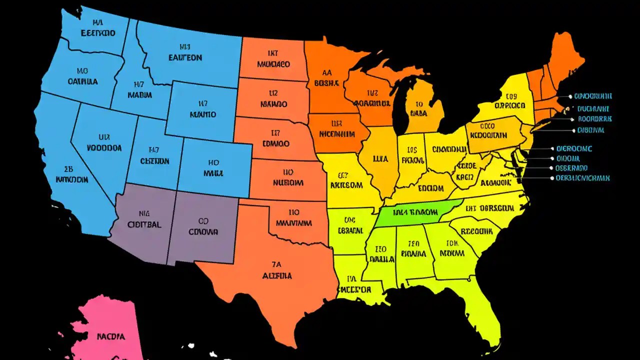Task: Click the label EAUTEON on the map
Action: (x=185, y=57)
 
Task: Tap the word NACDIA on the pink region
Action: (x=110, y=336)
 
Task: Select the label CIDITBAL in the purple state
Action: (x=144, y=224)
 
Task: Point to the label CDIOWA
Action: (x=203, y=232)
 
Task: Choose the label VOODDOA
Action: (x=104, y=148)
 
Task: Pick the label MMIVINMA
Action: (x=294, y=223)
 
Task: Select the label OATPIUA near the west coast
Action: (x=82, y=81)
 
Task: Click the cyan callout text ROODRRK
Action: (x=595, y=119)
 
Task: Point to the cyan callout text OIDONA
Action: (x=568, y=158)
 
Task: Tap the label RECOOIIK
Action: (x=476, y=232)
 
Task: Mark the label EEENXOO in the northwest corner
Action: (x=97, y=33)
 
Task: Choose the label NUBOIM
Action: (x=288, y=183)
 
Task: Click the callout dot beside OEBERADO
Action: (x=551, y=168)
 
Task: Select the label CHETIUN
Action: (x=154, y=161)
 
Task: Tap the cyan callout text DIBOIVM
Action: (x=590, y=130)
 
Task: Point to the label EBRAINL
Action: (x=350, y=230)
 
